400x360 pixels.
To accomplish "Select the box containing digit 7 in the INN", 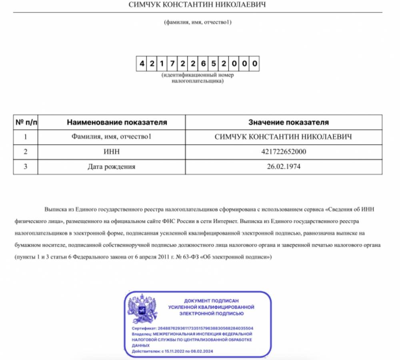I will (x=172, y=64).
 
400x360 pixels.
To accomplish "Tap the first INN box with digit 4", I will (x=141, y=64).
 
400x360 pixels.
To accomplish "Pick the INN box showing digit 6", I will (x=203, y=64).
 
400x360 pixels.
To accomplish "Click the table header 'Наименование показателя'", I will (x=111, y=122).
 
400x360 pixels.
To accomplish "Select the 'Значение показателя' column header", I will (x=283, y=122).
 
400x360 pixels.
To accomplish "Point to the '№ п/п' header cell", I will (x=26, y=122).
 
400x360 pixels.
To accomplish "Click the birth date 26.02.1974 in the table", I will (x=283, y=167).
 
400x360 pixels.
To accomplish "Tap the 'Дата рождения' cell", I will (x=111, y=167).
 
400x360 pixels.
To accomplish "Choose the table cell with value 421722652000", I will (x=283, y=152).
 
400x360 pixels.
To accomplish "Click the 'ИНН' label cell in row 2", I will (x=111, y=152).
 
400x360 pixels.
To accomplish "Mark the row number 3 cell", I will (x=26, y=167).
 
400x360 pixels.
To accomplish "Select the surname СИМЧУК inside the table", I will (x=231, y=137).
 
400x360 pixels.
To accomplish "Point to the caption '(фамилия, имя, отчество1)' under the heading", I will (x=198, y=22).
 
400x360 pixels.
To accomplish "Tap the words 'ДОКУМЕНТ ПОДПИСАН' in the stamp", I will (x=211, y=300).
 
